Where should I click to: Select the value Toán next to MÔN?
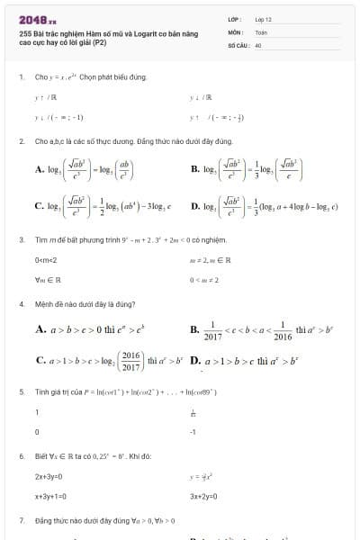261,31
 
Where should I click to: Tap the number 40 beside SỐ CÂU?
257,44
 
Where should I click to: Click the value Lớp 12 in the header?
263,19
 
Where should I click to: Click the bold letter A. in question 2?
40,168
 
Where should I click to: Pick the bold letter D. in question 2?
196,206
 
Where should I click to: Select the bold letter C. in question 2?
40,206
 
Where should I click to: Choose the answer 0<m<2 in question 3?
46,259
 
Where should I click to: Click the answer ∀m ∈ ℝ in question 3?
47,279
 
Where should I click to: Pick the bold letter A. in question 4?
40,330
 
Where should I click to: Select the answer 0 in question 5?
37,432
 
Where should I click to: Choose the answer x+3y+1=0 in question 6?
52,496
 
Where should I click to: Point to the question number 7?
21,521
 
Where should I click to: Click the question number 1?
21,76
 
